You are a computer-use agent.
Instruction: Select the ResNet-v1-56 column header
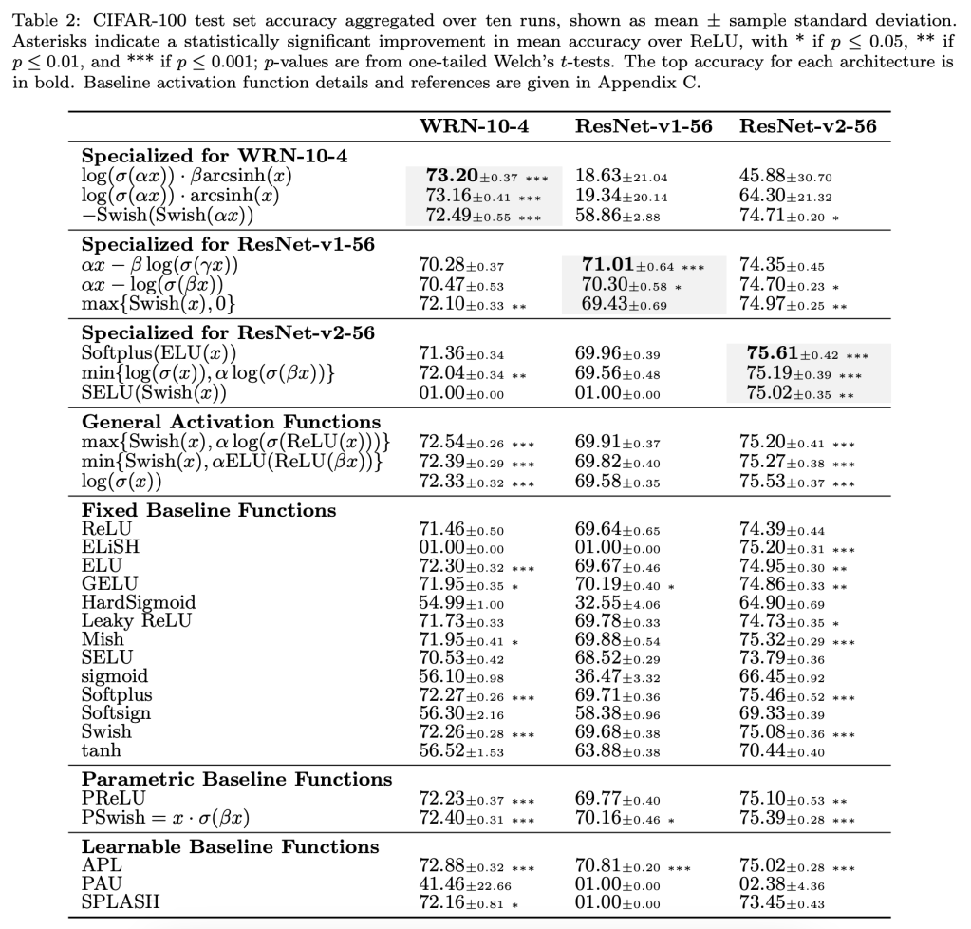tap(643, 126)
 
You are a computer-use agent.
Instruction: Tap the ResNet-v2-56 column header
tap(807, 126)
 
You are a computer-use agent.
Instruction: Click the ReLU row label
tap(106, 529)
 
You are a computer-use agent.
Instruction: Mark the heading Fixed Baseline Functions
tap(209, 511)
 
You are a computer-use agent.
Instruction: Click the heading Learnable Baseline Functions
tap(230, 846)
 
